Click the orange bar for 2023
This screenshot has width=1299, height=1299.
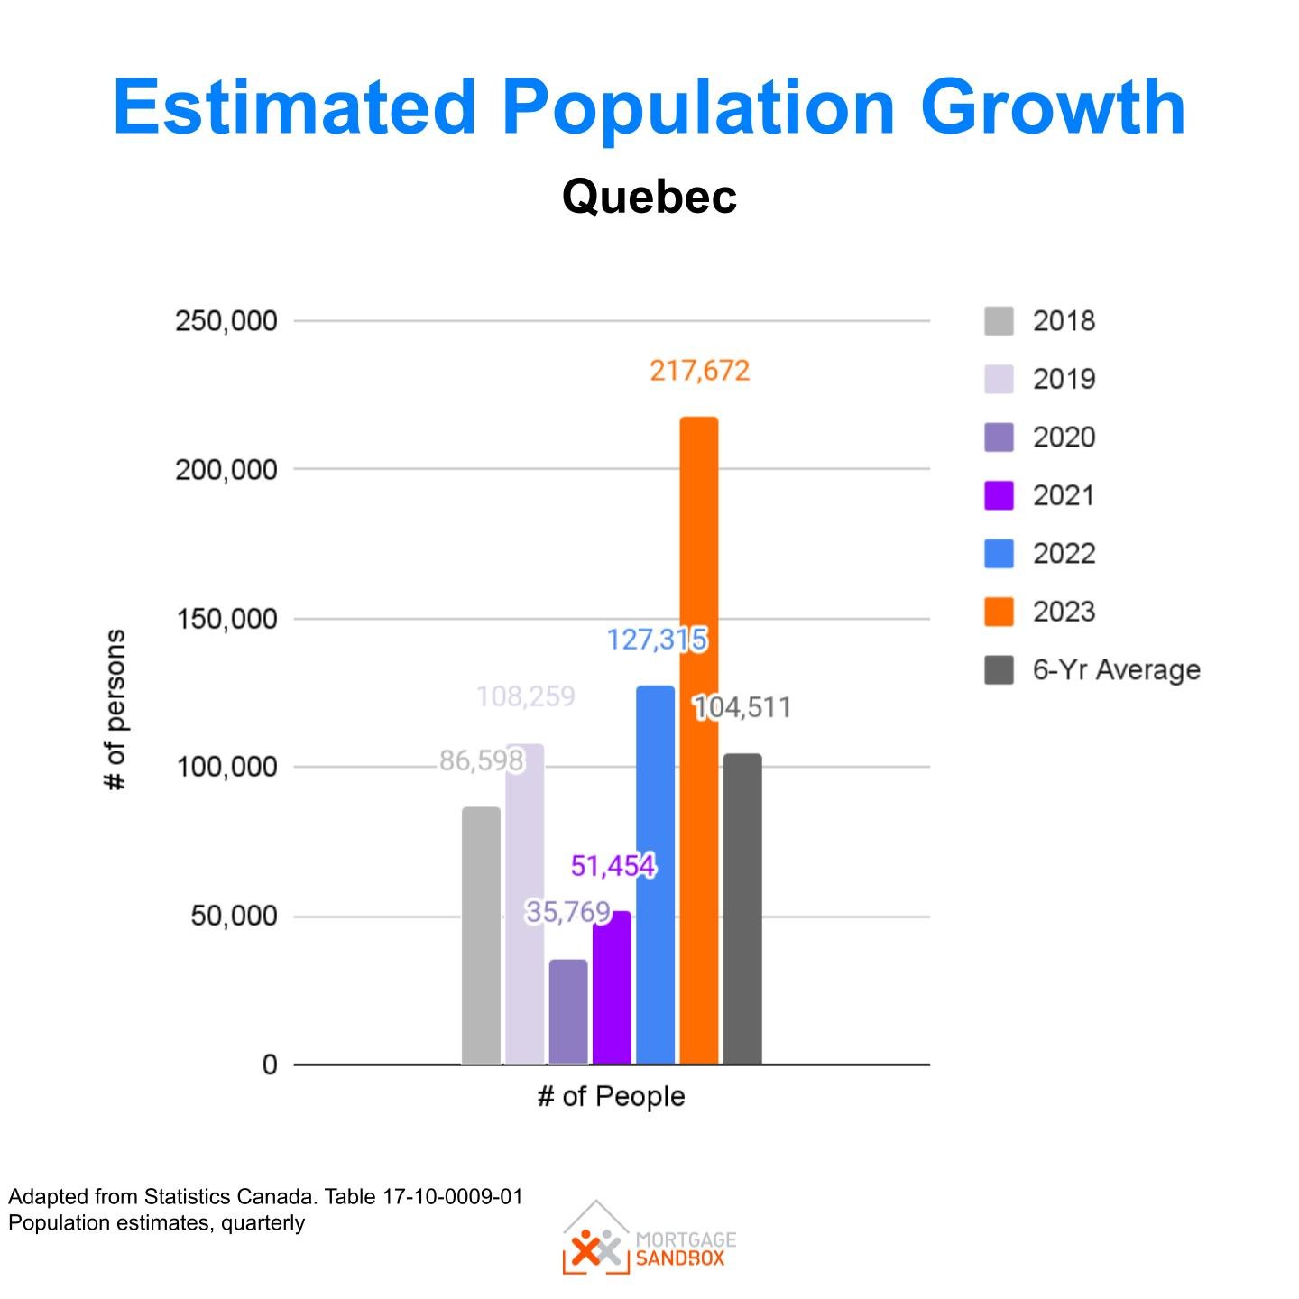coord(699,740)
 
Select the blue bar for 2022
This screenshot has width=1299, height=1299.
coord(655,875)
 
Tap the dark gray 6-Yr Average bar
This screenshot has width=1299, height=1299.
coord(742,908)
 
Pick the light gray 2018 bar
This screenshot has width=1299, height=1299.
coord(481,935)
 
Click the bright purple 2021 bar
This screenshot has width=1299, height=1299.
coord(612,988)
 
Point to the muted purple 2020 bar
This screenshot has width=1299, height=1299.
coord(568,1011)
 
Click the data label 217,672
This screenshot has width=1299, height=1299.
coord(699,371)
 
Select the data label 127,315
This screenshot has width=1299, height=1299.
coord(657,640)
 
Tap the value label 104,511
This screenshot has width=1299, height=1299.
coord(742,707)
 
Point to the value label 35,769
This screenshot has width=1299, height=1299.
coord(568,912)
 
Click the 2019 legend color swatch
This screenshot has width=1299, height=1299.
coord(999,379)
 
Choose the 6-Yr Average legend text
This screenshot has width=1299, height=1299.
coord(1116,670)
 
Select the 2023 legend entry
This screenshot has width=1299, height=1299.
coord(1064,612)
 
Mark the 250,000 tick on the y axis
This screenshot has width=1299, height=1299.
coord(226,321)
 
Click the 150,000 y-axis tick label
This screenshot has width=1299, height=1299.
coord(226,619)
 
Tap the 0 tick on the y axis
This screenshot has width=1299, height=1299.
coord(270,1065)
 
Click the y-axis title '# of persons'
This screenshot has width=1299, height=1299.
coord(115,710)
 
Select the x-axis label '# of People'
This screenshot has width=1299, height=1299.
coord(611,1096)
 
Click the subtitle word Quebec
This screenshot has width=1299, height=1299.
coord(649,196)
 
